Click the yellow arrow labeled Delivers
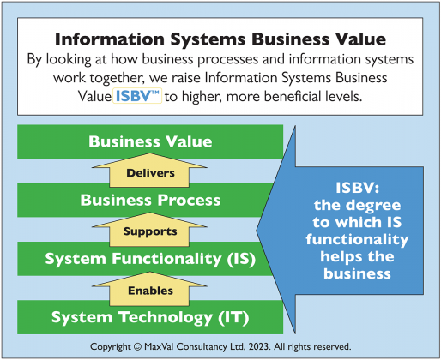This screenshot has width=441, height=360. pyautogui.click(x=149, y=171)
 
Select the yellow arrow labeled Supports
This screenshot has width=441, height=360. pyautogui.click(x=149, y=230)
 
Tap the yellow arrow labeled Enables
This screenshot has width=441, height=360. pyautogui.click(x=149, y=289)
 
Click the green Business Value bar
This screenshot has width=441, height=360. pyautogui.click(x=150, y=141)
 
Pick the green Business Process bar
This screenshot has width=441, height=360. pyautogui.click(x=143, y=200)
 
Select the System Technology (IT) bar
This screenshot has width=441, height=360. pyautogui.click(x=150, y=317)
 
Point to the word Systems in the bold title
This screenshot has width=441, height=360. pyautogui.click(x=208, y=39)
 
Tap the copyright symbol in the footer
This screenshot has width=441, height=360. pyautogui.click(x=137, y=346)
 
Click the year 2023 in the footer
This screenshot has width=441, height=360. pyautogui.click(x=259, y=346)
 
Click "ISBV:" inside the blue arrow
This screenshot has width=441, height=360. pyautogui.click(x=358, y=188)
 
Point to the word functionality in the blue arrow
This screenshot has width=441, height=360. pyautogui.click(x=357, y=239)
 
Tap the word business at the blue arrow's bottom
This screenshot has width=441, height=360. pyautogui.click(x=357, y=273)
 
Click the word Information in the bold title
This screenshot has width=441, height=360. pyautogui.click(x=110, y=39)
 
